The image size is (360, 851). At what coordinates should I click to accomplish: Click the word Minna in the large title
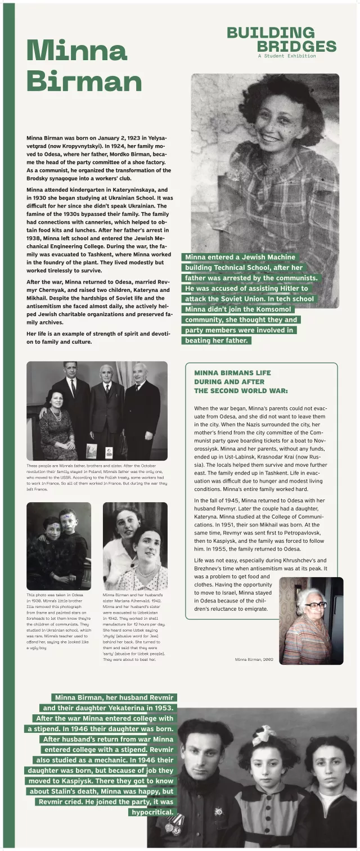(76, 52)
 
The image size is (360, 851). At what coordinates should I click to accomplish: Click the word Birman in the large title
(84, 81)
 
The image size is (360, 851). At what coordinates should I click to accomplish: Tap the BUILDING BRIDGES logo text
(281, 39)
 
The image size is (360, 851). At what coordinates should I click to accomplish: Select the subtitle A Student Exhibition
(287, 56)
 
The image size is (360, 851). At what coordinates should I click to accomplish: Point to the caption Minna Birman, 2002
(254, 659)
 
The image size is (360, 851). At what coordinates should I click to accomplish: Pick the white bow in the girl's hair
(264, 735)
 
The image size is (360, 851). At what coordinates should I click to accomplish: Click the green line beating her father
(216, 340)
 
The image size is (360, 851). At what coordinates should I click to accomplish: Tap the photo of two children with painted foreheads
(58, 546)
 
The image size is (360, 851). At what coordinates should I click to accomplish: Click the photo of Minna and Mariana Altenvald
(135, 546)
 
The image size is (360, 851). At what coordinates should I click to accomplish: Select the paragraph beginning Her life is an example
(98, 337)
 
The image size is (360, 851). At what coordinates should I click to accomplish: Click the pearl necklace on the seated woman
(56, 416)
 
